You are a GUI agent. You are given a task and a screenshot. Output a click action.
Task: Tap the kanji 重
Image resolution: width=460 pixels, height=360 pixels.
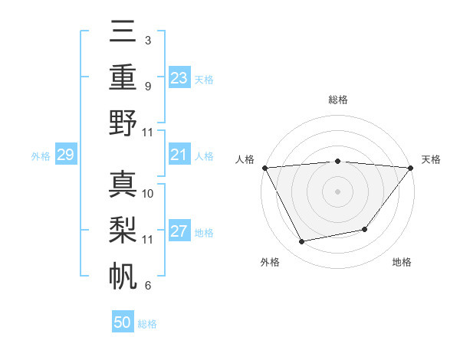pos(123,77)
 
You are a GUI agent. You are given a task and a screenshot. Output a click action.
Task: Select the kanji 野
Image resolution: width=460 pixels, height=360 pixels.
pos(123,123)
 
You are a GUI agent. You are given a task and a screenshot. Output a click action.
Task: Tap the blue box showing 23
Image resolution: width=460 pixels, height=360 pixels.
pos(179,78)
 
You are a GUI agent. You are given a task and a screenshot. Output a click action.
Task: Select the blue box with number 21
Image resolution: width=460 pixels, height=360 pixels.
pos(179,155)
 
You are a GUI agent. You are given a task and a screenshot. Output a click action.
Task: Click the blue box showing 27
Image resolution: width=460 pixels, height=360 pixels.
pos(179,231)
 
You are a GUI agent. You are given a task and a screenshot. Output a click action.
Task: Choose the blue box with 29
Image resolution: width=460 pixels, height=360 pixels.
pos(65,155)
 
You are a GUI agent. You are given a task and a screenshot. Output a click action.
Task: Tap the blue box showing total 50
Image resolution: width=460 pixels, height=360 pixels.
pos(123,322)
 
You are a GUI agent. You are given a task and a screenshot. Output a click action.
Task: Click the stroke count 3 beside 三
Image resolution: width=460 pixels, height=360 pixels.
pos(147,40)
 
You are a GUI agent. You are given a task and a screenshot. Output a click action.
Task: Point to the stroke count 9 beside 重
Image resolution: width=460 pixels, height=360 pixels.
pos(147,86)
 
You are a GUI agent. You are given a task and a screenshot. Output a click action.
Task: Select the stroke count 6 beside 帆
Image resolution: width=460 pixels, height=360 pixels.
pos(147,286)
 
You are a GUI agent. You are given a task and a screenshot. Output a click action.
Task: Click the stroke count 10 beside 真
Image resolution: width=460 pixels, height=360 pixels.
pos(149,193)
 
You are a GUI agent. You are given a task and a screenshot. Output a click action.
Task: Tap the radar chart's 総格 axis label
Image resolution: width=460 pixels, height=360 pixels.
pos(337,100)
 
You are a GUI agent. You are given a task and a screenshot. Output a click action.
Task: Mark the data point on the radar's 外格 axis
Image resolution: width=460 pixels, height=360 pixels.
pos(301,242)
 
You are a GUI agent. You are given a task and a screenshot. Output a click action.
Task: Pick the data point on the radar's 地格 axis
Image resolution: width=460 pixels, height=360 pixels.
pos(365,229)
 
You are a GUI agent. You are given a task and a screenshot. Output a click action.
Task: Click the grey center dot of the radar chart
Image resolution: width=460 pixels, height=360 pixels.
pos(337,191)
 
